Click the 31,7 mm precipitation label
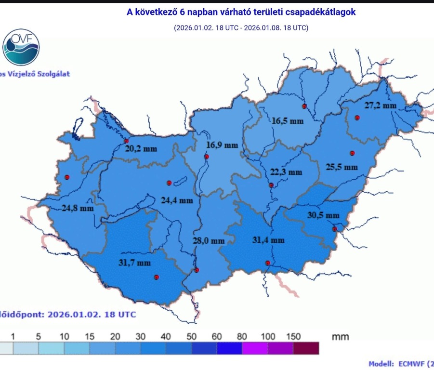click(134, 263)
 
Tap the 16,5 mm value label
click(288, 121)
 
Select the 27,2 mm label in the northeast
click(380, 106)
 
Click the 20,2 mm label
click(141, 149)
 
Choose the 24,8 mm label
click(77, 209)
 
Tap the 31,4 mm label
click(268, 239)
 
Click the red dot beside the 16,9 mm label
click(207, 157)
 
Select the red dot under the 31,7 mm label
click(156, 277)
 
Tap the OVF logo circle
click(21, 47)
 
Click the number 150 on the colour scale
click(293, 336)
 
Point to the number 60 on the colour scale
click(217, 336)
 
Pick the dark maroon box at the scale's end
click(306, 348)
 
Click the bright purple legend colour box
click(255, 348)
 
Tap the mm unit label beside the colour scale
click(340, 336)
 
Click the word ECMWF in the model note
click(409, 364)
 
